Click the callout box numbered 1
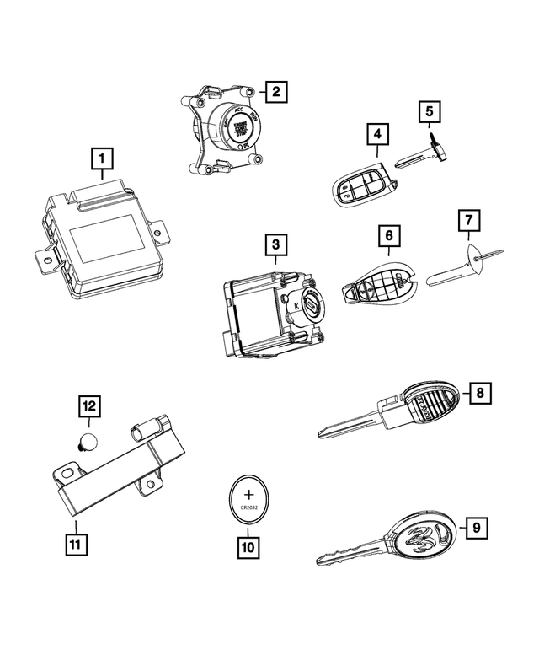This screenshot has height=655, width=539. (102, 158)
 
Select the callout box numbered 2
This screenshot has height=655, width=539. (275, 91)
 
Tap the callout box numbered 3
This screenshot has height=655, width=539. (275, 245)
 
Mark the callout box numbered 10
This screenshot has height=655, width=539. (248, 546)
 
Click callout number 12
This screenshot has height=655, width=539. (89, 407)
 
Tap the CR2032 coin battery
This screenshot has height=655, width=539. (248, 502)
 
